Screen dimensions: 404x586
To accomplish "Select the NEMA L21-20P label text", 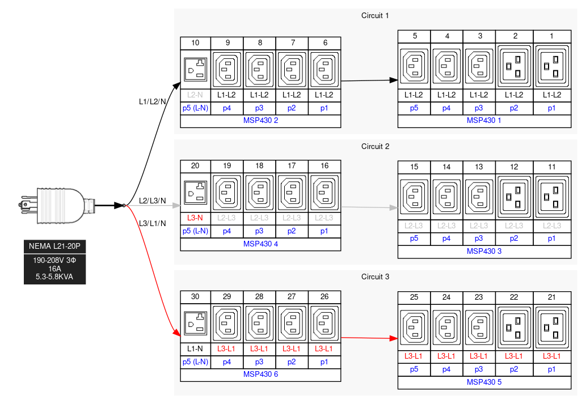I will point(54,246).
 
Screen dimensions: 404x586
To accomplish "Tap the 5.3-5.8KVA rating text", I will point(54,277).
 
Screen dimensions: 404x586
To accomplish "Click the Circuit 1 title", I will point(375,15).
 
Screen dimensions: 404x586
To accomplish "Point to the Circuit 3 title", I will point(375,277).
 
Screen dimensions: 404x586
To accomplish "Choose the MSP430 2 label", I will point(260,120).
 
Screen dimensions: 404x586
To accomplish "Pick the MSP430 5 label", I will point(484,382).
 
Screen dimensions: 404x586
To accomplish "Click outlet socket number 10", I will point(195,70).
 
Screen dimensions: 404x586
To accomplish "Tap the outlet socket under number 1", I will point(551,66).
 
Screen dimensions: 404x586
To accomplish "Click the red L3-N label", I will point(195,218).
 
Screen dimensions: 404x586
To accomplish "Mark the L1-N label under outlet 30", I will point(195,348).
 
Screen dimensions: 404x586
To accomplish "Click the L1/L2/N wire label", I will point(153,102).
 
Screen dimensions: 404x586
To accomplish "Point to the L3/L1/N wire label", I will point(153,223).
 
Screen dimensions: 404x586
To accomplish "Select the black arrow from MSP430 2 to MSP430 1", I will point(369,81).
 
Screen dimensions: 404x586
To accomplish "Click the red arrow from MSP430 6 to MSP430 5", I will point(369,338).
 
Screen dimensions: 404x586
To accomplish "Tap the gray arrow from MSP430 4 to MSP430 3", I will point(369,208).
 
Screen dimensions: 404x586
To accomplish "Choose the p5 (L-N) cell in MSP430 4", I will point(195,231).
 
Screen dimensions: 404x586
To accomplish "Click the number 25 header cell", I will point(414,297).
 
